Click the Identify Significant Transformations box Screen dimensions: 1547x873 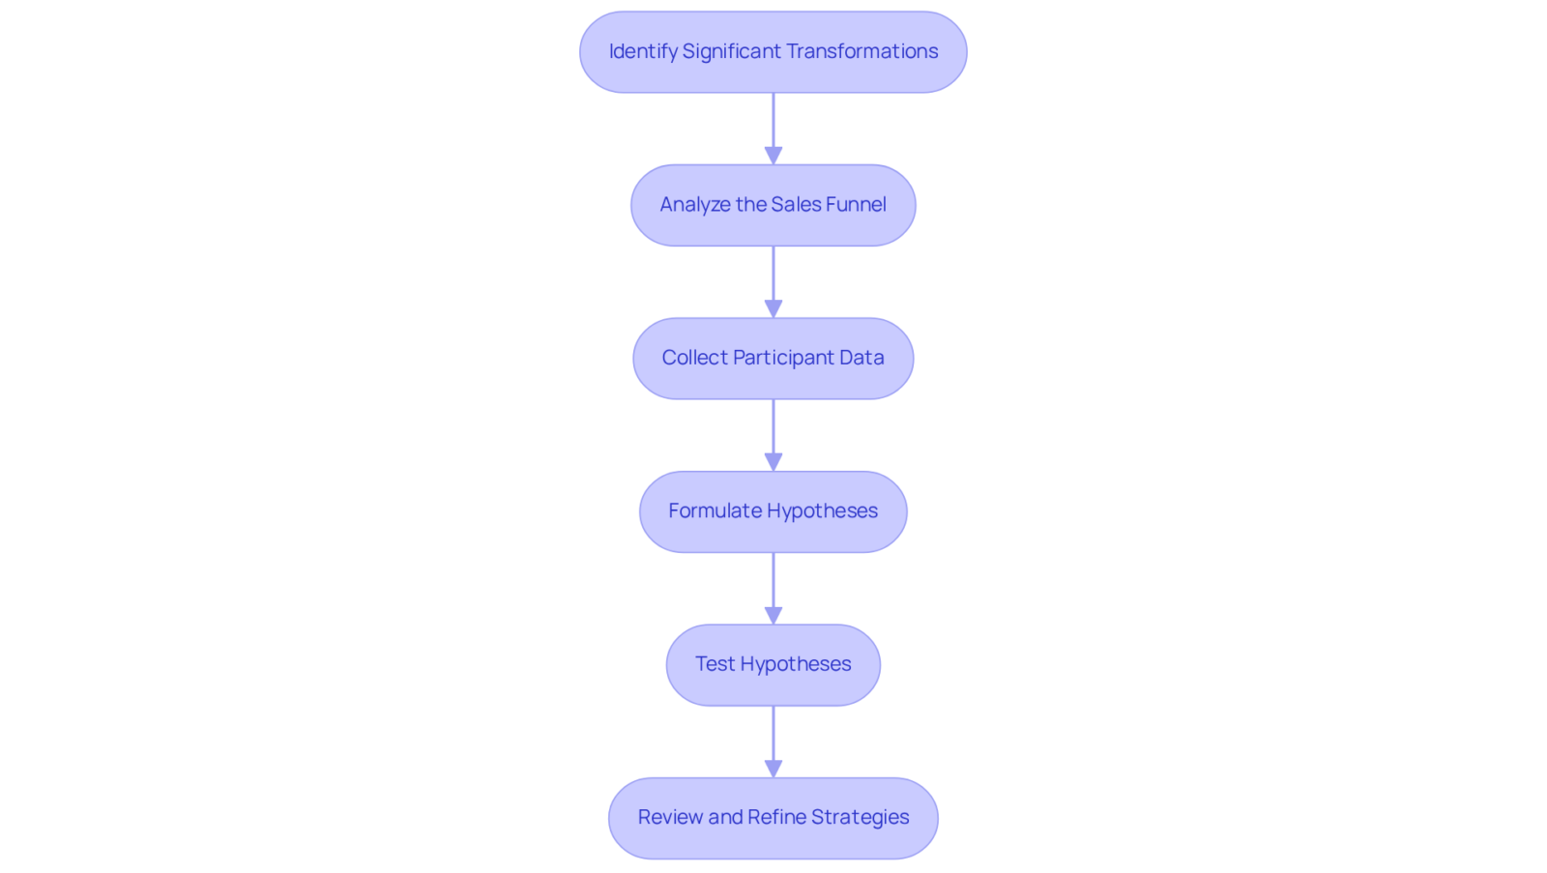coord(773,52)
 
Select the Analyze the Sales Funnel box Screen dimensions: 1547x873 coord(773,205)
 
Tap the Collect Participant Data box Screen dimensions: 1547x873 coord(773,359)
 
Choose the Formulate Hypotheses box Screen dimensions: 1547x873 coord(773,511)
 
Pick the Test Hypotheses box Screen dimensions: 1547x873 coord(773,665)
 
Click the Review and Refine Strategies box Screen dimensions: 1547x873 coord(773,819)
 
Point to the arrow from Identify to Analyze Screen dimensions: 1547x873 coord(773,129)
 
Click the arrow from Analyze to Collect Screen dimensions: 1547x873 coord(773,281)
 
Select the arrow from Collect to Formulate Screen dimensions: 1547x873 coord(773,435)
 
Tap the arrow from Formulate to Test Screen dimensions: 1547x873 coord(773,589)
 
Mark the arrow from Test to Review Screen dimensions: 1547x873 coord(773,742)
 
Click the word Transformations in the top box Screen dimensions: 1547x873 coord(861,51)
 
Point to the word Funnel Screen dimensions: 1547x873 coord(856,204)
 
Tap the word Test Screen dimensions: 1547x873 coord(715,664)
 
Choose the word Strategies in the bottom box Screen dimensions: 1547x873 coord(860,818)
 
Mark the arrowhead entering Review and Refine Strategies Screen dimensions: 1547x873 coord(773,769)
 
